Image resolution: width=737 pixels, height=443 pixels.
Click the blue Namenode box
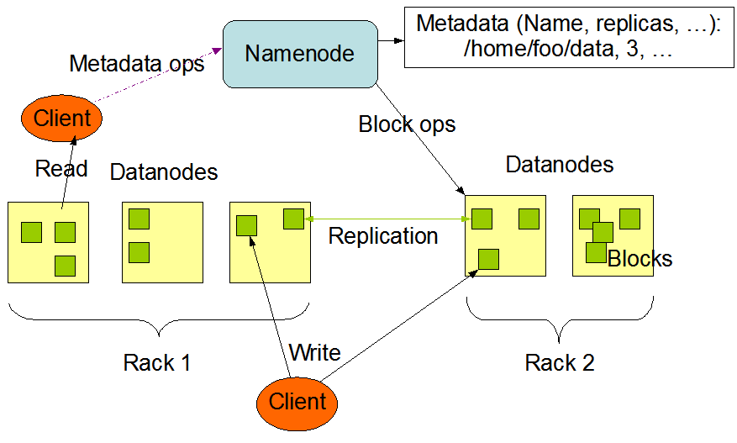[299, 54]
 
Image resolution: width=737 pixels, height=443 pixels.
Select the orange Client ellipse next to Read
[62, 119]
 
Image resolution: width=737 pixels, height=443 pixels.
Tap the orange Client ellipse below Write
[297, 401]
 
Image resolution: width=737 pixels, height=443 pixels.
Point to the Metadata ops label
[136, 63]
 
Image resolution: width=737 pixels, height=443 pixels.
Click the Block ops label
[407, 125]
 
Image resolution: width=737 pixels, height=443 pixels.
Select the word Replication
[383, 236]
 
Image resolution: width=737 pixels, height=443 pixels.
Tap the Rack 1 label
[156, 363]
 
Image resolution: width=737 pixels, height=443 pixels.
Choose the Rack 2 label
[559, 363]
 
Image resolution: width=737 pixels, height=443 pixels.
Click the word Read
[61, 169]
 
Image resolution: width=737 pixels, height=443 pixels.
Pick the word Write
[314, 352]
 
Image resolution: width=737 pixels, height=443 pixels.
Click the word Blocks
[640, 259]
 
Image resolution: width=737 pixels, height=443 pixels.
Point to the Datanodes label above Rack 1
[164, 172]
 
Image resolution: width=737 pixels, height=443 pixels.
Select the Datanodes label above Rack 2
[559, 164]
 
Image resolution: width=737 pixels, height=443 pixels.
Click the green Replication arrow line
[387, 219]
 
